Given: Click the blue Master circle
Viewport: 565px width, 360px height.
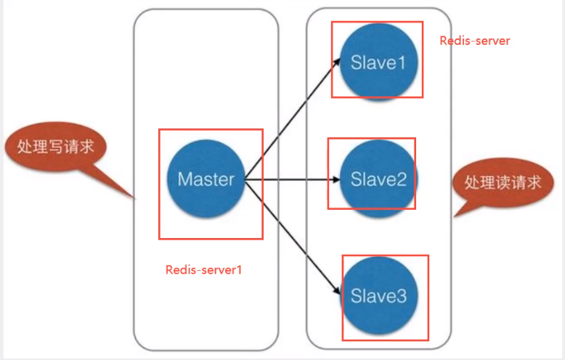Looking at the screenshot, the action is tap(206, 179).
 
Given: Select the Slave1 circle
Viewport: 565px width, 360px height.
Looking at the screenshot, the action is tap(378, 62).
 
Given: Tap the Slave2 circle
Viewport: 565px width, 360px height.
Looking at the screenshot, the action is tap(378, 179).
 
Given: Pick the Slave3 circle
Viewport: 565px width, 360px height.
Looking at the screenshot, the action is tap(378, 295).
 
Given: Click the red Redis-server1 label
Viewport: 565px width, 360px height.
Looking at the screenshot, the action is tap(203, 270).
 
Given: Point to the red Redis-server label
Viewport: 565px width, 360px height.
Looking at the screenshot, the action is tap(474, 41).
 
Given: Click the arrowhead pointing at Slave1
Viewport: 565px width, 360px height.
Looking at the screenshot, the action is tap(336, 62).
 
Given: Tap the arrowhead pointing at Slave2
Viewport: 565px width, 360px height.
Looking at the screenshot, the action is tap(336, 179).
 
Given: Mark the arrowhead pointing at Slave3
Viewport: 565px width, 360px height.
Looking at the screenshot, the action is tap(336, 290).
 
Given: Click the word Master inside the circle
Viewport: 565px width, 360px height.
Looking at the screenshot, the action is tap(206, 179).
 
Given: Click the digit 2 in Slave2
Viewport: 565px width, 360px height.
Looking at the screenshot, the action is tap(402, 179).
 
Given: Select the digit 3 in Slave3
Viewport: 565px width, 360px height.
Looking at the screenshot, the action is tap(402, 296).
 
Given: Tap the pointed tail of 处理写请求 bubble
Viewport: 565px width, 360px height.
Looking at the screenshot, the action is tap(134, 197).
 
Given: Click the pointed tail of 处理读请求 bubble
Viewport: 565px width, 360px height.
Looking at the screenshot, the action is tap(454, 216).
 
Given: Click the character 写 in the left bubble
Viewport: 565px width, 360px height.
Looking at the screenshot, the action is tap(56, 147).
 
